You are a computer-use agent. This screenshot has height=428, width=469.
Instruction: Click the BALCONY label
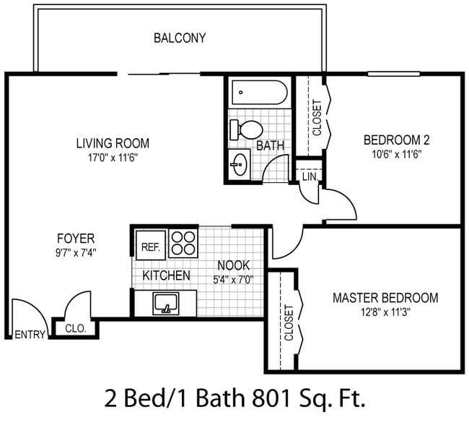[180, 38]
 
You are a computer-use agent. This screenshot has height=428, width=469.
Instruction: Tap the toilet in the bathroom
[246, 130]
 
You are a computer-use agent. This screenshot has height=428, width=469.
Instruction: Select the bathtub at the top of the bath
[260, 93]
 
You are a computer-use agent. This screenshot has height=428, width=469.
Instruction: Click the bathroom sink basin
[240, 164]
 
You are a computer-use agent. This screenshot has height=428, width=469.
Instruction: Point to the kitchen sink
[166, 304]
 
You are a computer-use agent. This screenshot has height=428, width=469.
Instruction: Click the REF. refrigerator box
[151, 245]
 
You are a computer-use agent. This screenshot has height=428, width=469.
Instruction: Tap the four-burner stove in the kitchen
[183, 244]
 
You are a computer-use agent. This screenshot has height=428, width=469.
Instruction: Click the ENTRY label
[30, 335]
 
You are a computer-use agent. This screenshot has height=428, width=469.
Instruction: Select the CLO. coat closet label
[76, 329]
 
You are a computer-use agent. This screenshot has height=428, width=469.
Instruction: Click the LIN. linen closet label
[310, 176]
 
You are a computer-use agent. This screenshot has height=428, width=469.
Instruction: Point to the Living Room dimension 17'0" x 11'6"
[113, 158]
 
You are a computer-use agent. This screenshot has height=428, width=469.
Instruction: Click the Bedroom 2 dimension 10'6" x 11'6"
[397, 155]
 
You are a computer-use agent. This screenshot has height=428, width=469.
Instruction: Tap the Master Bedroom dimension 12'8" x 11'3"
[385, 312]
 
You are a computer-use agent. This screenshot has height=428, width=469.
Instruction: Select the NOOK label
[233, 265]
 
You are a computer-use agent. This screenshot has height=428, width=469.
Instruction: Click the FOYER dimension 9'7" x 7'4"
[76, 253]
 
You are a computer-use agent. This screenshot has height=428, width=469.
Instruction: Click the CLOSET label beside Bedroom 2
[317, 118]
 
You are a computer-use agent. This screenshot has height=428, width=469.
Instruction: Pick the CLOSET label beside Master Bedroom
[289, 322]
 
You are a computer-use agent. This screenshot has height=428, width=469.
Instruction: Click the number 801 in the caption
[271, 398]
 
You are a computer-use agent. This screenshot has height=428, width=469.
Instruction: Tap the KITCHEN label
[166, 275]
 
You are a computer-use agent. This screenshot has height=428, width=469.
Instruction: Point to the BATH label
[271, 145]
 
